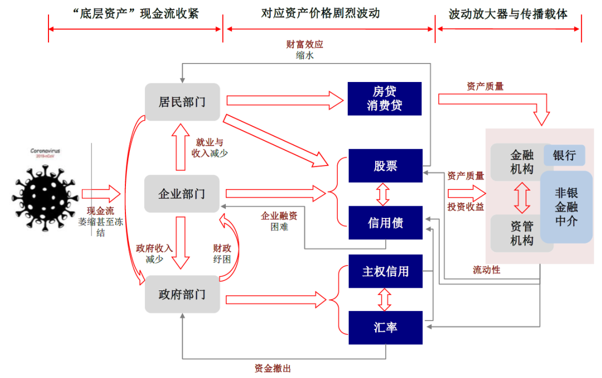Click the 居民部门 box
pyautogui.click(x=182, y=102)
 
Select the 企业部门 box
pyautogui.click(x=182, y=194)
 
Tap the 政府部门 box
pyautogui.click(x=182, y=294)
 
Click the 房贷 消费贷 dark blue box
pyautogui.click(x=385, y=99)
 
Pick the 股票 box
pyautogui.click(x=385, y=166)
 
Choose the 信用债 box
pyautogui.click(x=385, y=223)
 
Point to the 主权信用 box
pyautogui.click(x=385, y=272)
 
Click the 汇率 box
pyautogui.click(x=385, y=327)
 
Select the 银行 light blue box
pyautogui.click(x=564, y=155)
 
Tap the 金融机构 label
pyautogui.click(x=522, y=161)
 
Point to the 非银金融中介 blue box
pyautogui.click(x=566, y=207)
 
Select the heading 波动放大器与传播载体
pyautogui.click(x=508, y=14)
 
